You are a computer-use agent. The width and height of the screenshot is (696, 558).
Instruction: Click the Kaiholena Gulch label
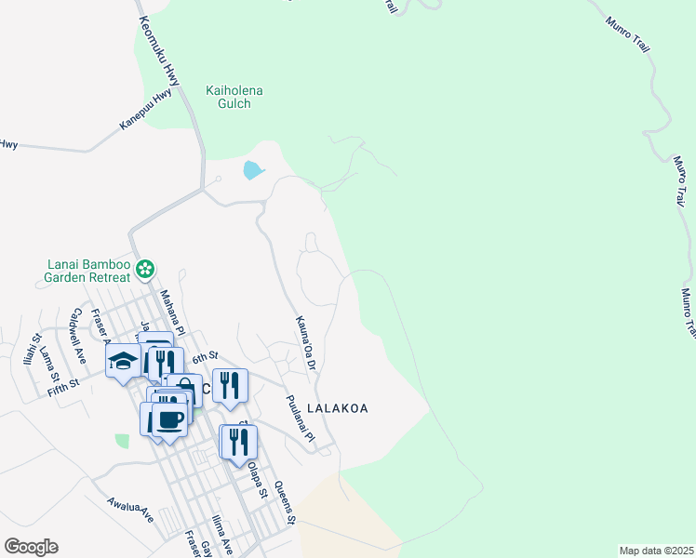[x=234, y=97]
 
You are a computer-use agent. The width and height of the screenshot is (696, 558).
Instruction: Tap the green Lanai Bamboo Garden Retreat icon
[x=144, y=270]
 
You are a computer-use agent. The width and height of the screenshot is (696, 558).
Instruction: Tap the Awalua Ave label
[x=129, y=509]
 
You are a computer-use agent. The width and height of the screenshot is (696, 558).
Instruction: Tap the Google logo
[x=31, y=547]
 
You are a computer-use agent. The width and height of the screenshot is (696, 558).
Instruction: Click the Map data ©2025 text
[x=656, y=551]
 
